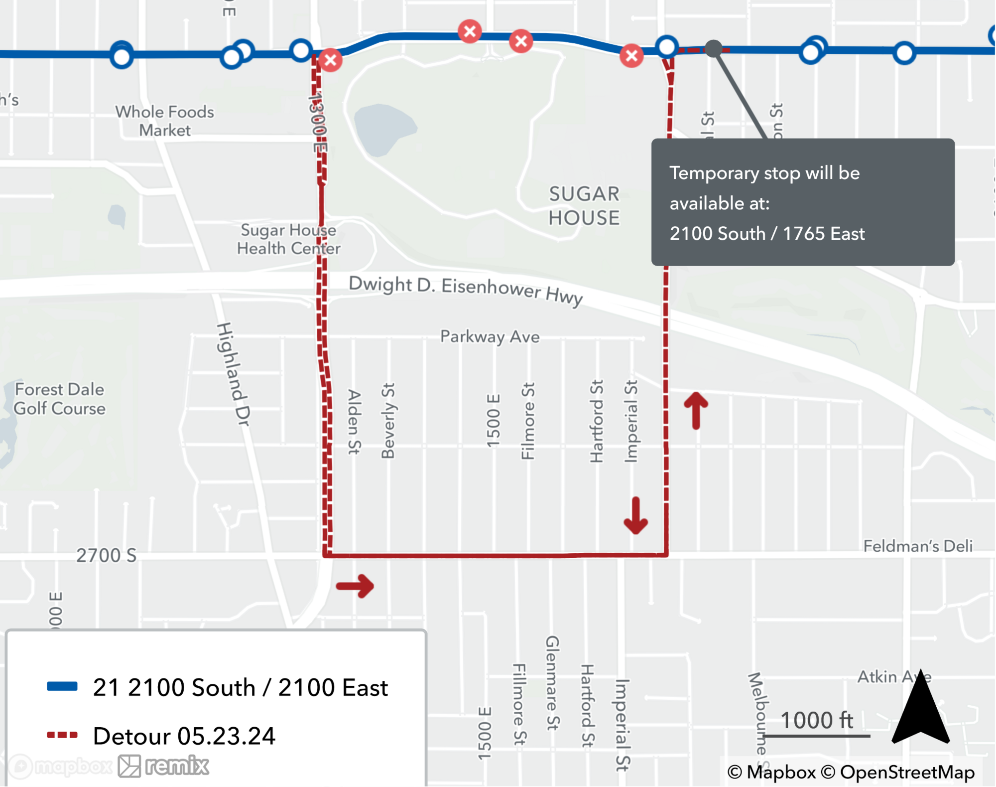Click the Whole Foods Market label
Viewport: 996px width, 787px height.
pos(165,121)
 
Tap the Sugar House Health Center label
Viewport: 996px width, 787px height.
pos(288,239)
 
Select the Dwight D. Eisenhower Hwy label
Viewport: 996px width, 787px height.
pos(466,290)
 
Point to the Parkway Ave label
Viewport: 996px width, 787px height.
pos(490,336)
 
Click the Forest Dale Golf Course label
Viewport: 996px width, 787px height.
pos(60,399)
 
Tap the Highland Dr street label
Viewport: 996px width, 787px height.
pos(233,374)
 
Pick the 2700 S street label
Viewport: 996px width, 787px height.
pos(106,555)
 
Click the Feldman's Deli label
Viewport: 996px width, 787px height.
pos(918,546)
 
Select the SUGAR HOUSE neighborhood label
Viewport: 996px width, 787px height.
pos(584,206)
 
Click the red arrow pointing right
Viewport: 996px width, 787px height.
pos(355,586)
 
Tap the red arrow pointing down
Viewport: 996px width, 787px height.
pos(636,516)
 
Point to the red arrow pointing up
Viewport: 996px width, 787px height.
pos(696,411)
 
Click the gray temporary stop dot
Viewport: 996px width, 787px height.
pos(714,48)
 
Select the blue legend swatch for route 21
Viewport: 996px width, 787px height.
pos(62,686)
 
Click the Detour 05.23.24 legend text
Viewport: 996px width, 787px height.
pos(184,736)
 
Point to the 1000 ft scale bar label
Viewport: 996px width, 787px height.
pos(816,721)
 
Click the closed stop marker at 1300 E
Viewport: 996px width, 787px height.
pos(330,60)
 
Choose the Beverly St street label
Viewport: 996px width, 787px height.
pos(388,421)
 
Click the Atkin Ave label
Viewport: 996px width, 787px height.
pos(893,677)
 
